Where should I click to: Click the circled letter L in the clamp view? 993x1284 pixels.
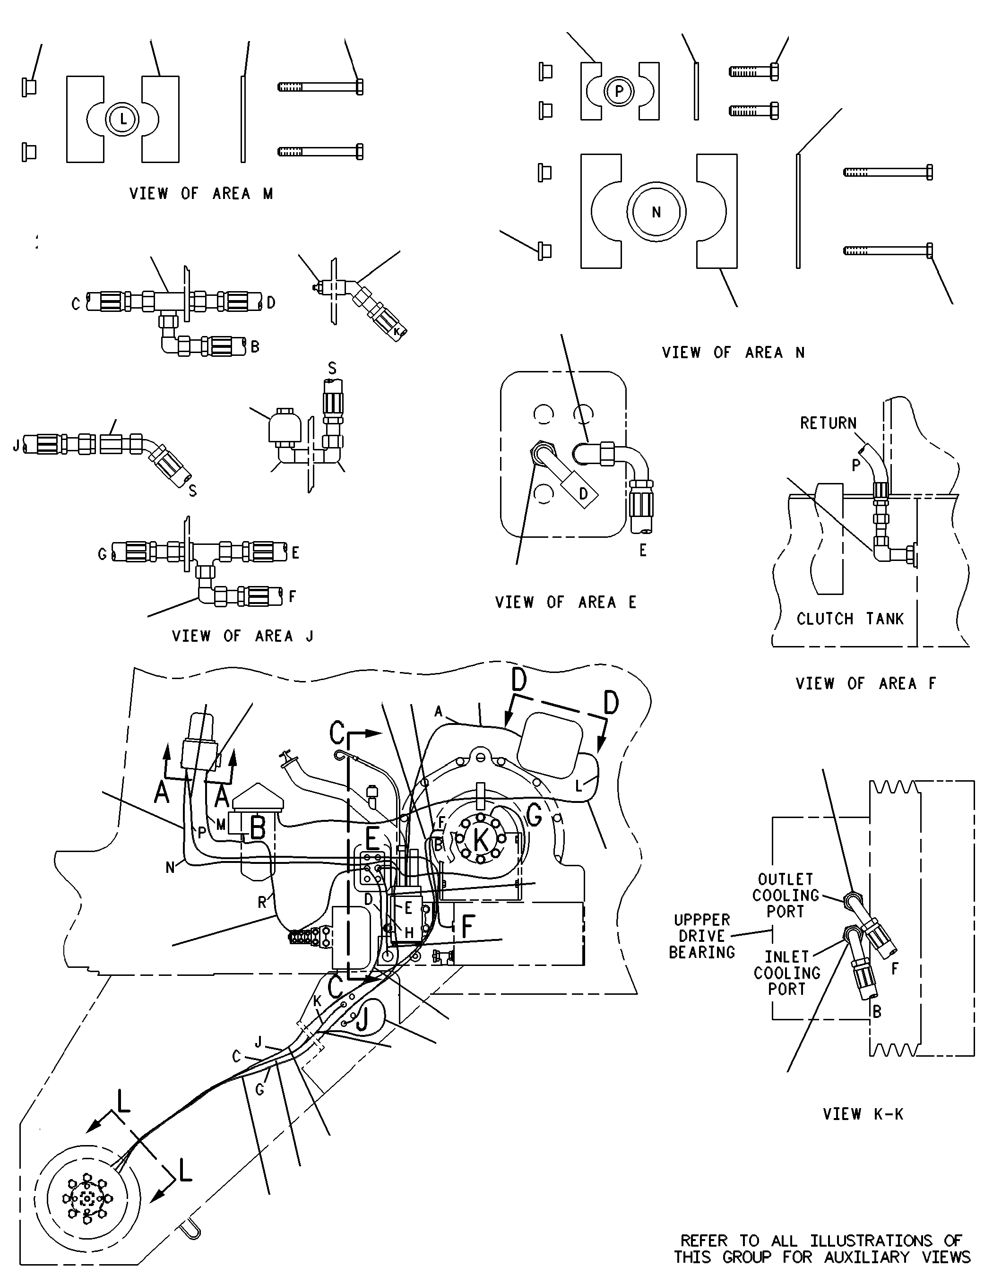pos(123,120)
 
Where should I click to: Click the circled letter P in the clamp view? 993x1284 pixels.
pos(619,92)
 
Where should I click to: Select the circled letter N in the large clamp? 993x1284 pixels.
pos(656,212)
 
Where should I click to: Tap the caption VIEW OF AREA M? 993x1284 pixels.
pos(201,193)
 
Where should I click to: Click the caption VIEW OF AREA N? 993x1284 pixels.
pos(733,352)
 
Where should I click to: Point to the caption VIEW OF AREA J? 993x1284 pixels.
pos(242,636)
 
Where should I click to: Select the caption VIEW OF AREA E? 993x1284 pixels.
pos(566,602)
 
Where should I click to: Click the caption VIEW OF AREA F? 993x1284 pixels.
pos(865,683)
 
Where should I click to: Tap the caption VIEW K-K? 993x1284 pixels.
pos(863,1113)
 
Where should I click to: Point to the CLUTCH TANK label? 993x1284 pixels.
pos(850,619)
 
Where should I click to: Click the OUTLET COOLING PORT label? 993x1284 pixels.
pos(786,896)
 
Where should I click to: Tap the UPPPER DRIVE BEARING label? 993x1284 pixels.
pos(702,936)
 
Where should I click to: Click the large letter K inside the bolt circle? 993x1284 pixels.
pos(481,839)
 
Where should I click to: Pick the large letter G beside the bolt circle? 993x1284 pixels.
pos(535,815)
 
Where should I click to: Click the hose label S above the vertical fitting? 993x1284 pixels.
pos(332,369)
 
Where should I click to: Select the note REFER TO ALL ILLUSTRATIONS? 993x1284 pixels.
pos(821,1241)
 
